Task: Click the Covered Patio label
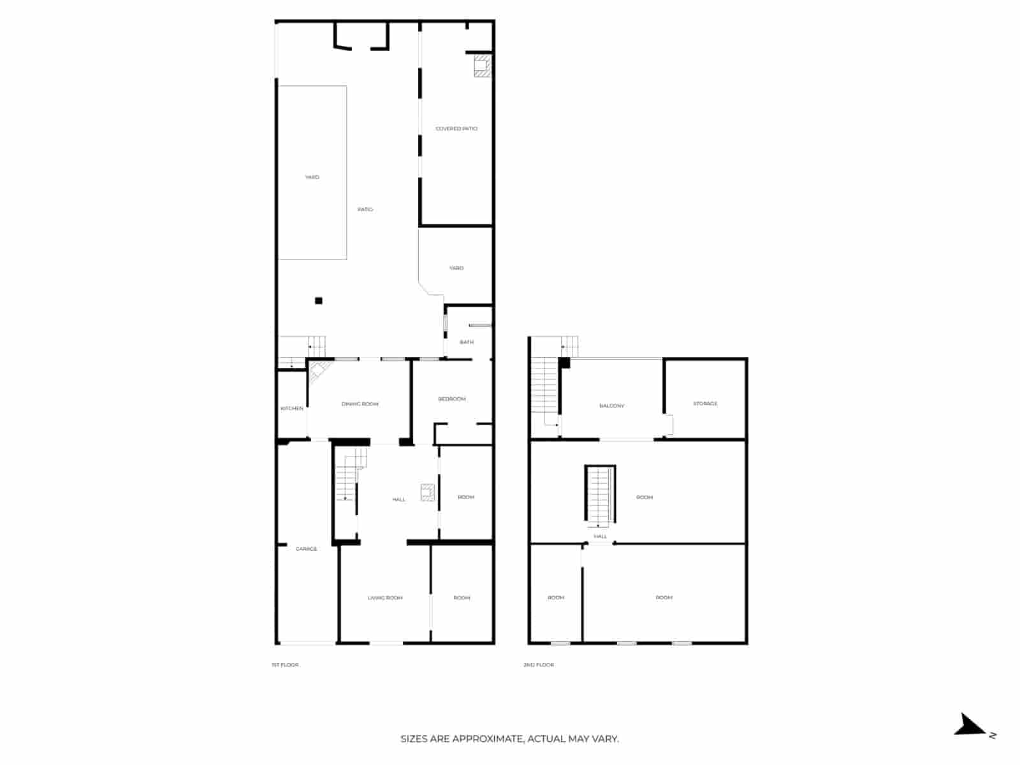pos(456,129)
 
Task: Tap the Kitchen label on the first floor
pos(292,408)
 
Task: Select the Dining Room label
pos(360,404)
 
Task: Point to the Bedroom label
pos(452,399)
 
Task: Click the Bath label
pos(467,342)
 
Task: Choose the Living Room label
pos(385,598)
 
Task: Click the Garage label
pos(306,549)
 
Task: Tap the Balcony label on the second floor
pos(612,406)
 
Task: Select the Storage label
pos(705,404)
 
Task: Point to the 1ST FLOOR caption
pos(285,665)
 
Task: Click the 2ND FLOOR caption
pos(539,665)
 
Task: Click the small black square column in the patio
pos(319,301)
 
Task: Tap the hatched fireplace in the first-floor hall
pos(428,493)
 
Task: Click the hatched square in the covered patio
pos(483,66)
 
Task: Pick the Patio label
pos(365,210)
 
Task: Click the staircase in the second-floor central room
pos(601,496)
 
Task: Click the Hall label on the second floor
pos(601,537)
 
